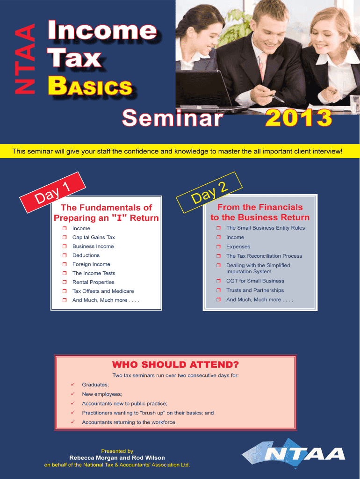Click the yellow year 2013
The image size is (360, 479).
(x=298, y=118)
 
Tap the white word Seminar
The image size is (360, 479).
(x=173, y=118)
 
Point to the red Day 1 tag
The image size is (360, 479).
(x=52, y=192)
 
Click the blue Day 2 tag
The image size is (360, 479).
(x=209, y=192)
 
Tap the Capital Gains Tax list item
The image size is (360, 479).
(x=94, y=237)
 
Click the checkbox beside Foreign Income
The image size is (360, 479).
(x=65, y=264)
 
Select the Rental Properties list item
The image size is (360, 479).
(x=93, y=282)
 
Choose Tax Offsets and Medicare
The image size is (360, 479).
(x=103, y=291)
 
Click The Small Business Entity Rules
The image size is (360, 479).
(x=266, y=228)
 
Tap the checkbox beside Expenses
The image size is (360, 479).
(x=218, y=247)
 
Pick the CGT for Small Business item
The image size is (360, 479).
(x=255, y=281)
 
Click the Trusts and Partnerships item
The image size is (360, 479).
(x=255, y=290)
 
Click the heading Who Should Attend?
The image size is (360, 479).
(x=176, y=364)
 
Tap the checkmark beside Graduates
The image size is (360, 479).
(x=72, y=385)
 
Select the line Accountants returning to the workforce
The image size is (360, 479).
(x=129, y=422)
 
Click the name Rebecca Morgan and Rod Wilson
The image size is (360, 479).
(x=117, y=457)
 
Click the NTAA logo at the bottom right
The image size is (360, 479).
(x=294, y=454)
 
